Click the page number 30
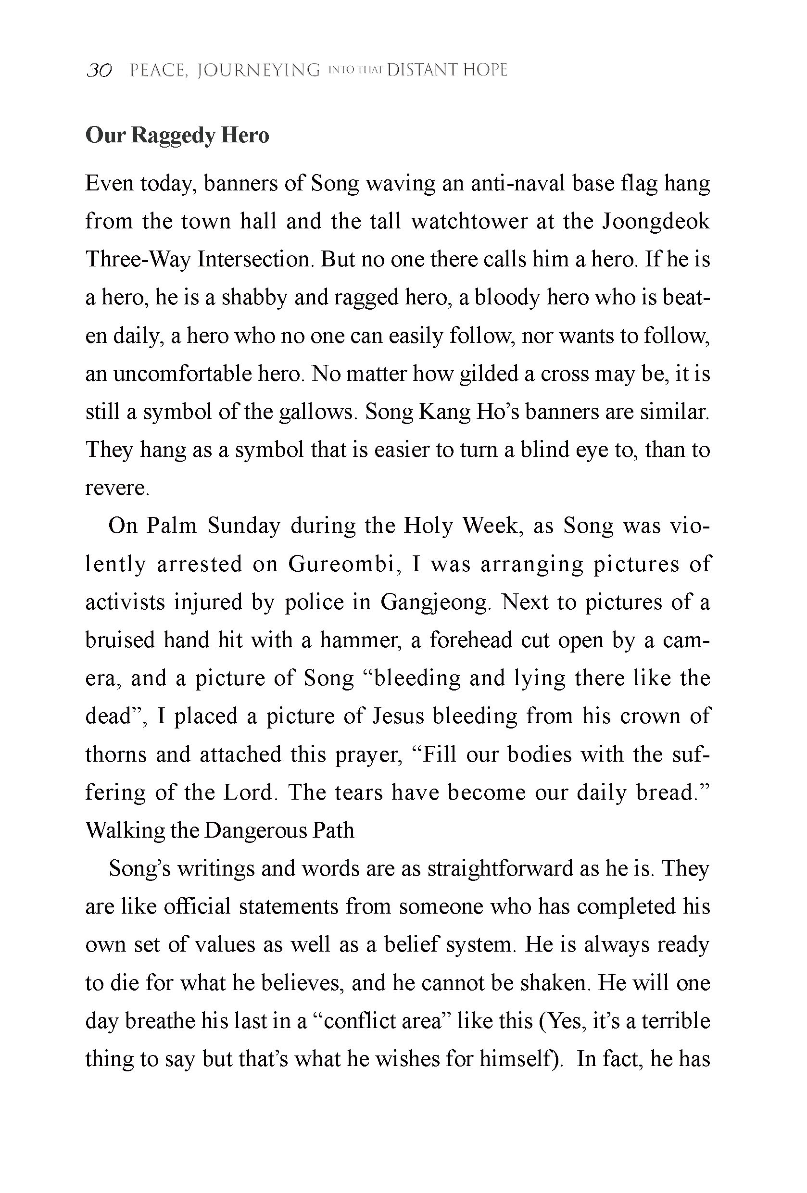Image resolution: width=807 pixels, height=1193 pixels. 99,70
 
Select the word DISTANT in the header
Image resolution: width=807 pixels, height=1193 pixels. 421,70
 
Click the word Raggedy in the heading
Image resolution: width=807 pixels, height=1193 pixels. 173,136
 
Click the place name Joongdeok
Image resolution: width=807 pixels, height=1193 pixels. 656,221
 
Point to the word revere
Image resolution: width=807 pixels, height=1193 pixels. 116,488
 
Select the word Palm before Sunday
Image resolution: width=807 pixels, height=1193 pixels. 172,526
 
